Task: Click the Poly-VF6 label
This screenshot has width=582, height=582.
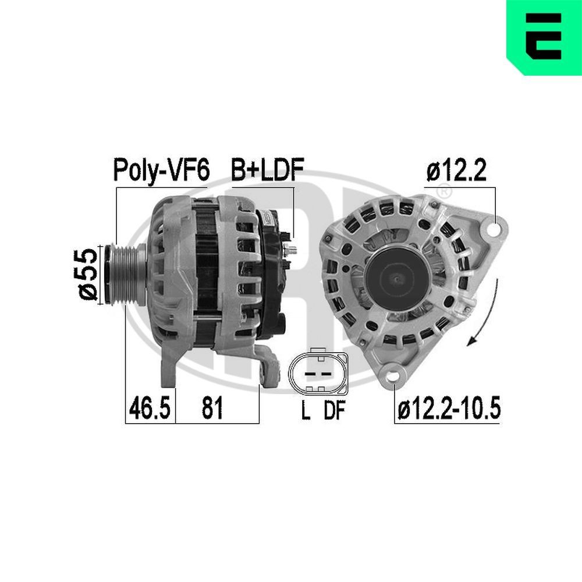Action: [x=160, y=170]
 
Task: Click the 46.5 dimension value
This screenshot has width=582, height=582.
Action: [x=150, y=409]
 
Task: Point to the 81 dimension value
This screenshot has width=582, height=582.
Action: [x=212, y=409]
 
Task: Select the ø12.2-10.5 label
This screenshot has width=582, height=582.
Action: [x=449, y=409]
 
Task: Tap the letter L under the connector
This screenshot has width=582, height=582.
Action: [x=305, y=411]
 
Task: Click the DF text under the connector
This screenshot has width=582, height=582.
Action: [x=335, y=411]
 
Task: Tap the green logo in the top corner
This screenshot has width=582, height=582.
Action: [x=544, y=37]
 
